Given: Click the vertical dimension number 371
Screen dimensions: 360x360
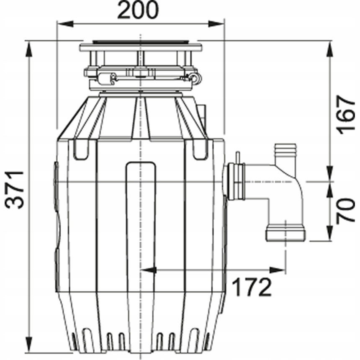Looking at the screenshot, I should coord(16,190).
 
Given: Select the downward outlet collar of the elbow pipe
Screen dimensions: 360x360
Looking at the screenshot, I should coord(285,233).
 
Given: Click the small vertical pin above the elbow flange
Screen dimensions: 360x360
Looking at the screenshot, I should coord(237,158).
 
